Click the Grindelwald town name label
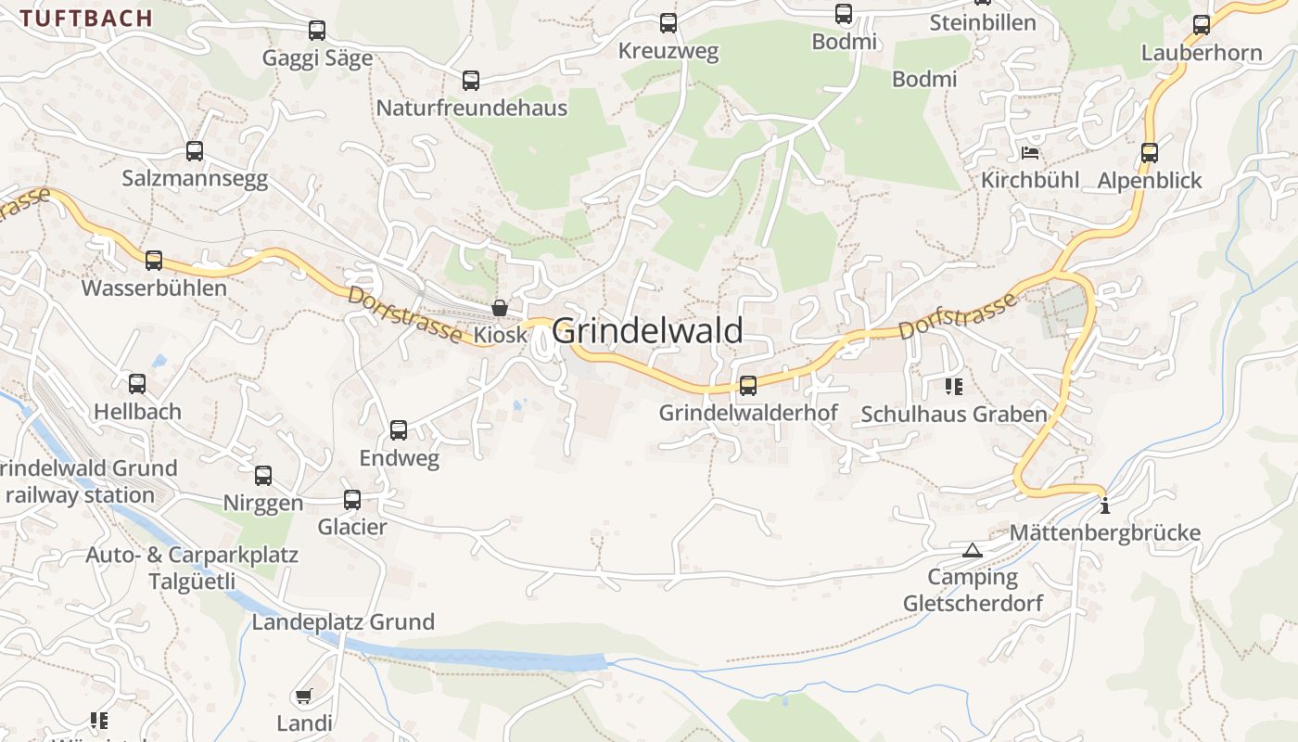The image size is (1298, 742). (x=647, y=331)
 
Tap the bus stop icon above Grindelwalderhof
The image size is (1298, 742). (x=748, y=386)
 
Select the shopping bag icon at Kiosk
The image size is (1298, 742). (x=500, y=308)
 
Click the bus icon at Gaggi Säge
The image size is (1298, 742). (x=317, y=31)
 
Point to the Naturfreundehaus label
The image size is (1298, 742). (x=471, y=109)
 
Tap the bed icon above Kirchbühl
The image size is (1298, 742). (x=1029, y=153)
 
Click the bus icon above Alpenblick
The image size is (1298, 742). (x=1150, y=153)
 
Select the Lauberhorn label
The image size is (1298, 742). (x=1202, y=53)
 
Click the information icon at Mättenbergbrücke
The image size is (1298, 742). (x=1104, y=506)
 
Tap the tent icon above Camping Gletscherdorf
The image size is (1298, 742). (x=972, y=550)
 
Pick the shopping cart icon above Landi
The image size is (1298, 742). (x=303, y=697)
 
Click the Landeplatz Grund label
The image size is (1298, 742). (x=343, y=622)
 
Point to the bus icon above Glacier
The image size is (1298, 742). (x=352, y=500)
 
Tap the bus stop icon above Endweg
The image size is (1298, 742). (x=399, y=430)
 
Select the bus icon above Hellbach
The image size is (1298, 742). (x=137, y=384)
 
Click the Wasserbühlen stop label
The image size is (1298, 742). (x=154, y=288)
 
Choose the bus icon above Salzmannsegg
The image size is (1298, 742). (x=195, y=151)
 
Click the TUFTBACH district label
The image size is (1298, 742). (x=86, y=18)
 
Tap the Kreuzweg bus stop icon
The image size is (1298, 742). (x=668, y=23)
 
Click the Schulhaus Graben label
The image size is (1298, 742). (x=954, y=415)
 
